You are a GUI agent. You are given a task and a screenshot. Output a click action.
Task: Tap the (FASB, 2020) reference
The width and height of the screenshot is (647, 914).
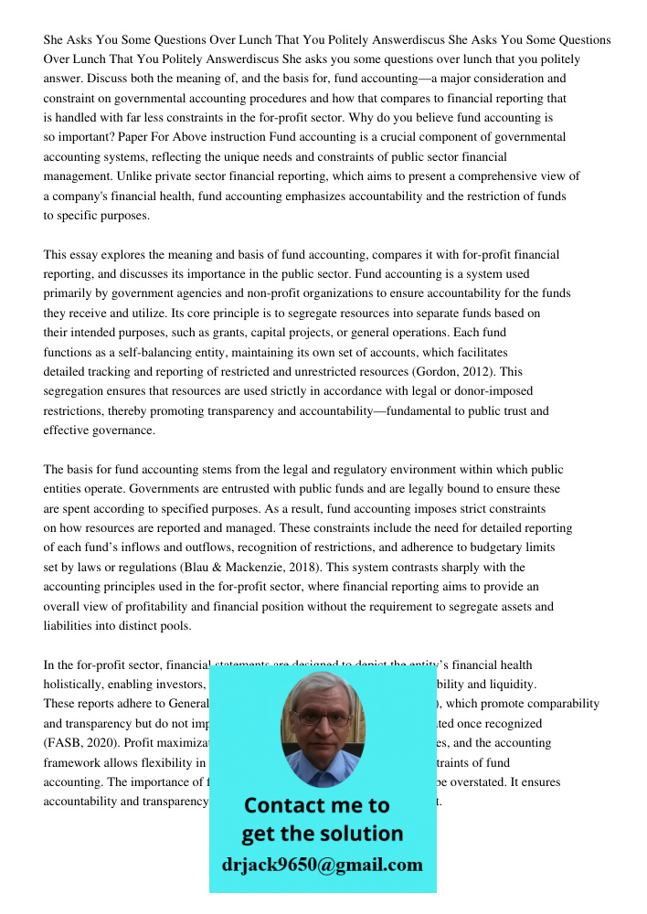pyautogui.click(x=83, y=743)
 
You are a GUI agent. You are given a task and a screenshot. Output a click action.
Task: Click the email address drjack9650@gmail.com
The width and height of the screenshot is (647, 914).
pyautogui.click(x=322, y=865)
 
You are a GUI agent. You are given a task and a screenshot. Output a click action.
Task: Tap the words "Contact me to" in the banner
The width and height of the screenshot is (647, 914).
pyautogui.click(x=316, y=806)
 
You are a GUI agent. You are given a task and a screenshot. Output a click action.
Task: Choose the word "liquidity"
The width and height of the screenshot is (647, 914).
pyautogui.click(x=512, y=685)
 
